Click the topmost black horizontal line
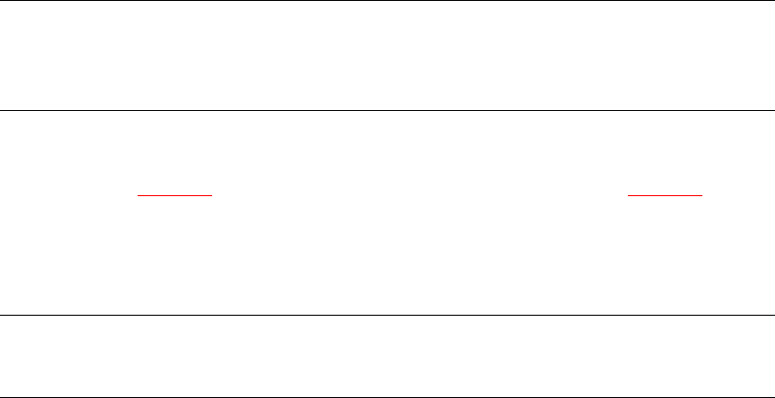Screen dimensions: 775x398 (387, 1)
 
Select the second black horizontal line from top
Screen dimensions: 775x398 (387, 110)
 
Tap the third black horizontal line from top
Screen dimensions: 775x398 (387, 316)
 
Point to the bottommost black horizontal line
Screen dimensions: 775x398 (387, 396)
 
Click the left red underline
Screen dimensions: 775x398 (175, 194)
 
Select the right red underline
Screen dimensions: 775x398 (665, 194)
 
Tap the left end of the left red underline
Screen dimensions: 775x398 (139, 194)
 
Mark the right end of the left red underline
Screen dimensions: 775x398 (211, 194)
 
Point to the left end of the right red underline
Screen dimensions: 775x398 (628, 194)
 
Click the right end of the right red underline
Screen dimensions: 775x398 (702, 194)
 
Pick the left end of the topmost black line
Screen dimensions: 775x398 (1, 1)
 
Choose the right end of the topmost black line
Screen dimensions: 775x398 (773, 1)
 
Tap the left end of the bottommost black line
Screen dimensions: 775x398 (1, 396)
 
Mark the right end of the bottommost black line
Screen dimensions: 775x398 (773, 396)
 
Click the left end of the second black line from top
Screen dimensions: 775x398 (1, 110)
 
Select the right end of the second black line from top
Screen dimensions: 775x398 (773, 110)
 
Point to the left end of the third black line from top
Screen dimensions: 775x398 (1, 316)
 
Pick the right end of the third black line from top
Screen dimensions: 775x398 (773, 316)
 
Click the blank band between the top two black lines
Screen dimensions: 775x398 (387, 55)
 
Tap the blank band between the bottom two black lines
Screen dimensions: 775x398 (387, 356)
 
